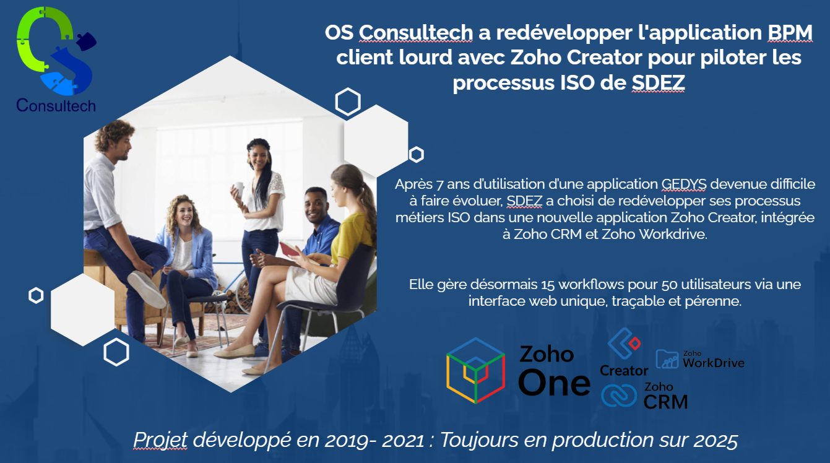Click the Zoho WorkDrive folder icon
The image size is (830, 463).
667,359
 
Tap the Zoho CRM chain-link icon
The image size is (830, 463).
619,396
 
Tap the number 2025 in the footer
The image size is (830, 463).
715,440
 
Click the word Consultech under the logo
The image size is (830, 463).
56,105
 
